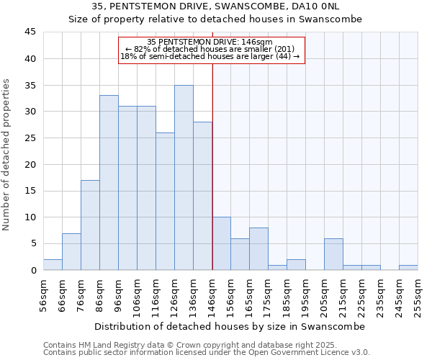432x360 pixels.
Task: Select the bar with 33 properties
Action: tap(109, 183)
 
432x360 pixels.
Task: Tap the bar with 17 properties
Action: tap(90, 225)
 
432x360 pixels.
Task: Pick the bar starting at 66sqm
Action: tap(71, 252)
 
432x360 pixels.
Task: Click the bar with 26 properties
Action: tap(165, 202)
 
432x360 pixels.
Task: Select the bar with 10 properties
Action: tap(221, 244)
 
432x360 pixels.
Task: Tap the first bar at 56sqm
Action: tap(53, 265)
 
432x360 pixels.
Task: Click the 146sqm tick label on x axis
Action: tap(212, 293)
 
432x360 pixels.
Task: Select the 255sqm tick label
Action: tap(418, 293)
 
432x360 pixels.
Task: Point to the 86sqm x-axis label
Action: tap(99, 293)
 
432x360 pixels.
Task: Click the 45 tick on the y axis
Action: tap(30, 32)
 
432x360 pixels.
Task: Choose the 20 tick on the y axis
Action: tap(30, 164)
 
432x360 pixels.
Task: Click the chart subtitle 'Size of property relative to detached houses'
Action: tap(215, 19)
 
